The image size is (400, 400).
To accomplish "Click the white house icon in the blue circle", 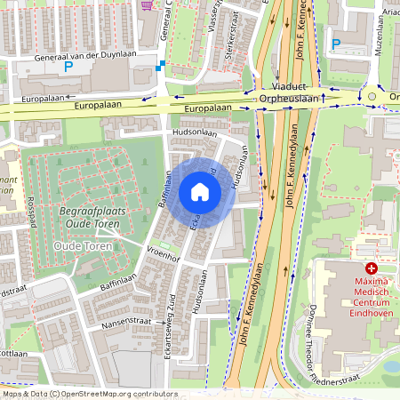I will pos(199,192).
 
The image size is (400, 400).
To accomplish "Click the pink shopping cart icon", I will pos(147,4).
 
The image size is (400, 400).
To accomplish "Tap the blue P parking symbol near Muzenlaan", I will pos(336,44).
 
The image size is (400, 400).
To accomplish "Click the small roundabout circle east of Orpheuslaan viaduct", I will pos(372,97).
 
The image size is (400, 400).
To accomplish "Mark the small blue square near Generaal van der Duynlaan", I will pos(159,67).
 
